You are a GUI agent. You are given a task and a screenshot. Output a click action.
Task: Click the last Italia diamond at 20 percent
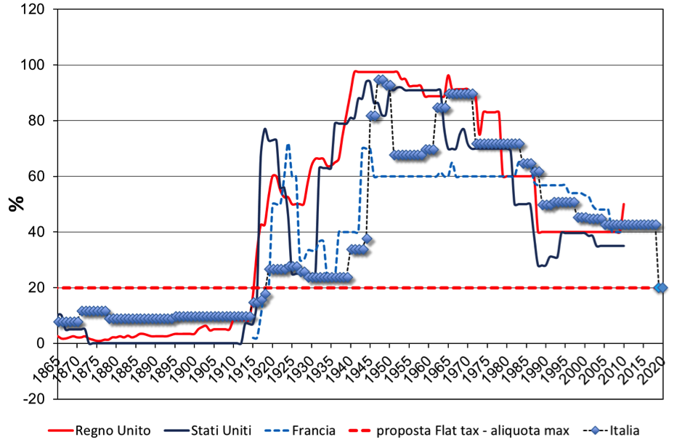(x=660, y=287)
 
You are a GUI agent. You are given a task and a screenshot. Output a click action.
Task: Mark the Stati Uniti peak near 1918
(x=265, y=129)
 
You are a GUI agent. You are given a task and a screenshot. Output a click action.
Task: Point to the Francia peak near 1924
(x=288, y=145)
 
